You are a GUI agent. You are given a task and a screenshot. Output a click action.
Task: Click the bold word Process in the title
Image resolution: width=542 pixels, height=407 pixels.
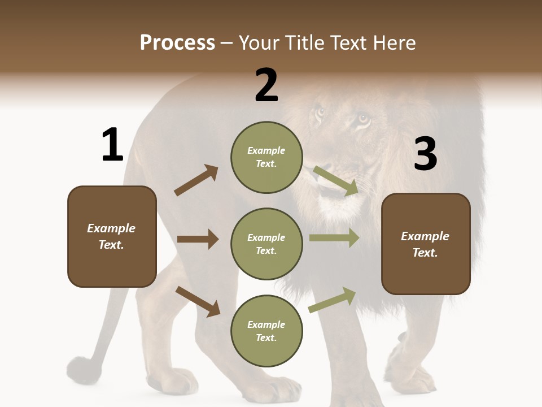177,43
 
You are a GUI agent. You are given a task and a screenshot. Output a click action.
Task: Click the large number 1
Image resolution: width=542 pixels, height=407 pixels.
112,145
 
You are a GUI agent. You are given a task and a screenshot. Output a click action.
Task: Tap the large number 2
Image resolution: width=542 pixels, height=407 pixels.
266,85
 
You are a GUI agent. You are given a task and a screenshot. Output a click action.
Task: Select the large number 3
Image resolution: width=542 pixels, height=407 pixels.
425,154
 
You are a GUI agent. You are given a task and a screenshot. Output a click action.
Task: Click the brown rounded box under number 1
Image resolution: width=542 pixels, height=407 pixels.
112,236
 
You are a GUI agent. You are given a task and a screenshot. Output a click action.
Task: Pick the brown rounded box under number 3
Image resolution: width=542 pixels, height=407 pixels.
426,244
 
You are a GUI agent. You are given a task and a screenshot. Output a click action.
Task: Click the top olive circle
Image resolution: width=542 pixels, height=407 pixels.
266,157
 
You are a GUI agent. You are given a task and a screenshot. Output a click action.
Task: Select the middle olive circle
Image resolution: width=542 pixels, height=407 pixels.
266,244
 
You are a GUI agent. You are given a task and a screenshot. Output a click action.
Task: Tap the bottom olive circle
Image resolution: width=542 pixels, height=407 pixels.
266,331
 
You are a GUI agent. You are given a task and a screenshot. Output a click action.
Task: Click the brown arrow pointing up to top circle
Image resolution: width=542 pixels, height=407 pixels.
196,180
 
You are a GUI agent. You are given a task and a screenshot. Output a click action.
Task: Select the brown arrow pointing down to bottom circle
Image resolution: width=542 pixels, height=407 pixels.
198,301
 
